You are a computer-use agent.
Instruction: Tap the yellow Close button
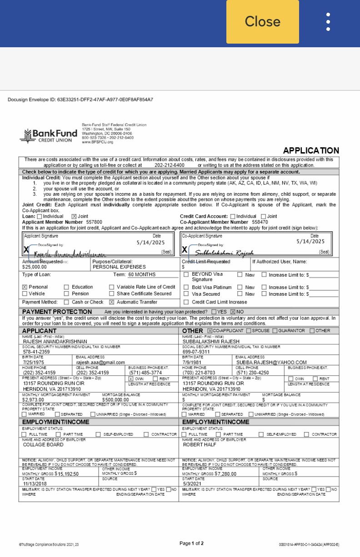[262, 21]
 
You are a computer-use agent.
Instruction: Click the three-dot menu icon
[328, 21]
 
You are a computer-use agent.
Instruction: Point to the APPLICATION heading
[311, 151]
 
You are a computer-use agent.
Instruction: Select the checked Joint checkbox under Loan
[75, 216]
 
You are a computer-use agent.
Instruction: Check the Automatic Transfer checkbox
[111, 302]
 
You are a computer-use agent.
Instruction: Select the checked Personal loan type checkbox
[25, 287]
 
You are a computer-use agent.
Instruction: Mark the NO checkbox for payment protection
[233, 312]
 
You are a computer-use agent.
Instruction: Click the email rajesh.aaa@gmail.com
[100, 363]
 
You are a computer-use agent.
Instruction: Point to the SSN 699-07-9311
[196, 352]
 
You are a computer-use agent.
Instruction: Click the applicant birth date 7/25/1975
[34, 363]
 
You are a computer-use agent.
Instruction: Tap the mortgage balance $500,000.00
[115, 400]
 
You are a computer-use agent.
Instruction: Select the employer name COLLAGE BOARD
[43, 445]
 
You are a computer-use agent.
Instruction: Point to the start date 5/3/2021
[193, 484]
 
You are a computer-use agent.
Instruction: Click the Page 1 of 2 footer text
[191, 543]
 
